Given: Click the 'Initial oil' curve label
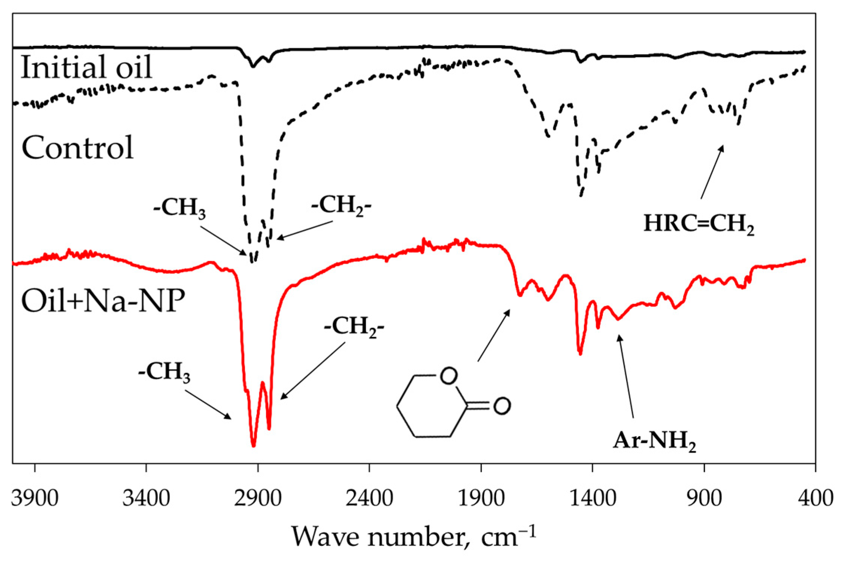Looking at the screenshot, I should pyautogui.click(x=86, y=68).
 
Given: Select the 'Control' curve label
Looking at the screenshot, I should pyautogui.click(x=77, y=148).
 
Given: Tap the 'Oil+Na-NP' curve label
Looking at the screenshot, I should pyautogui.click(x=103, y=301).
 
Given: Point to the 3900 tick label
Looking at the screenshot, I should pyautogui.click(x=35, y=499).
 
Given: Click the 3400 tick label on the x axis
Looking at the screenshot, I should pyautogui.click(x=146, y=499).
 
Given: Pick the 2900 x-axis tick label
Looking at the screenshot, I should pyautogui.click(x=258, y=499).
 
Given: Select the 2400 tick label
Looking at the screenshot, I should pyautogui.click(x=369, y=499).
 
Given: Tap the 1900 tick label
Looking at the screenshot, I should pyautogui.click(x=481, y=499).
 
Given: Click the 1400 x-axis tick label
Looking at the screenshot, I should pyautogui.click(x=593, y=499).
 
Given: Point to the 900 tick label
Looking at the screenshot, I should pyautogui.click(x=704, y=499).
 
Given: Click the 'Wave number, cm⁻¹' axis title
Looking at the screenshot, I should pyautogui.click(x=413, y=536).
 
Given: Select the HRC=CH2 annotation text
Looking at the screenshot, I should pyautogui.click(x=699, y=225).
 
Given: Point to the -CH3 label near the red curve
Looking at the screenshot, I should pyautogui.click(x=164, y=373).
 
